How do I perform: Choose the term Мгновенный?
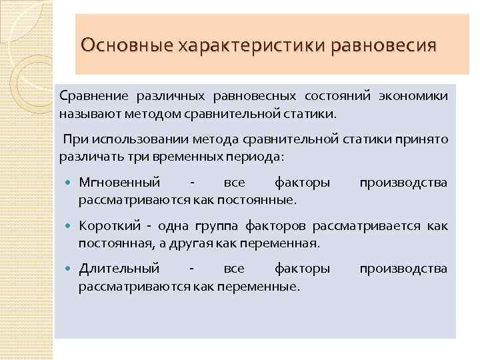(120, 182)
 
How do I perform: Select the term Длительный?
(119, 269)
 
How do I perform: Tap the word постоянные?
(263, 199)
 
